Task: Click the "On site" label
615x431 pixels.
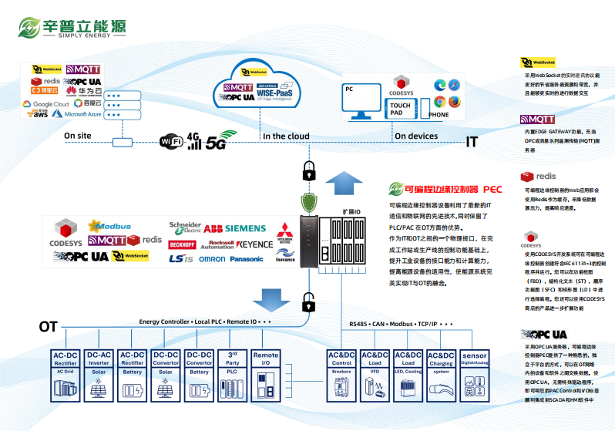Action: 77,136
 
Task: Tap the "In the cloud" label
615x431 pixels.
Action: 286,136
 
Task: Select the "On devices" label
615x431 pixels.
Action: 416,136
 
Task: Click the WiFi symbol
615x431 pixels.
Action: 171,141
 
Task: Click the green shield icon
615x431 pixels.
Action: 309,203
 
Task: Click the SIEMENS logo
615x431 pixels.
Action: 245,228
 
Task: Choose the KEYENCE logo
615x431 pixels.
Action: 254,244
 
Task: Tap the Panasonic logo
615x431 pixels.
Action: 246,259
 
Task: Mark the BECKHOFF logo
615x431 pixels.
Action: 182,244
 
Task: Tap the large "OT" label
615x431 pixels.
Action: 49,327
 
